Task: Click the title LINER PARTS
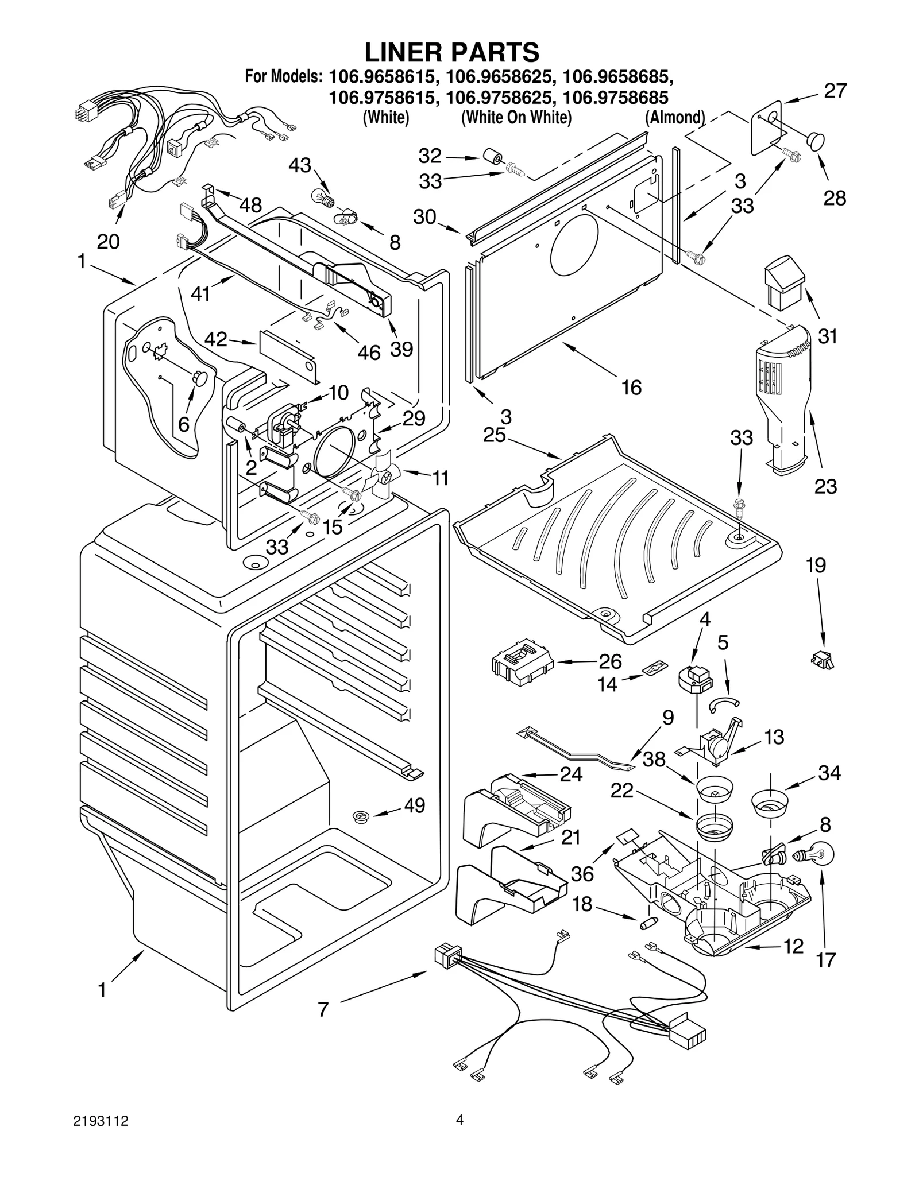[452, 52]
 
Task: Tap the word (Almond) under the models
[674, 117]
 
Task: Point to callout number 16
[631, 388]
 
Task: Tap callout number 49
[414, 805]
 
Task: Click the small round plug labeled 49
[361, 815]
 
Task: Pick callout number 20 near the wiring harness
[107, 242]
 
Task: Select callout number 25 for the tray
[494, 435]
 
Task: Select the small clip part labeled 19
[823, 660]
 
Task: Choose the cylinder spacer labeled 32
[492, 157]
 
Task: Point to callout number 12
[793, 946]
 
